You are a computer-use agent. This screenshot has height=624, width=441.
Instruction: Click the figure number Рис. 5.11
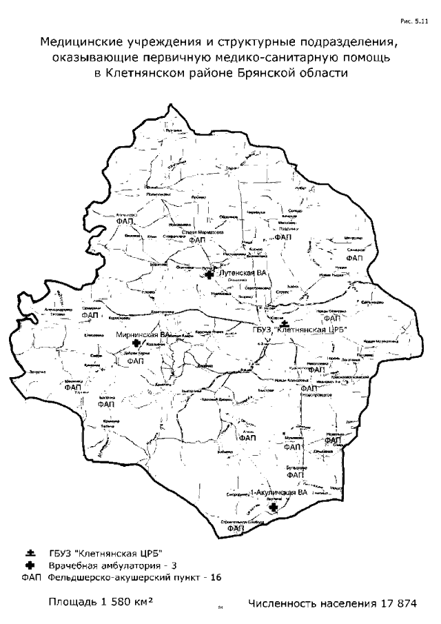click(413, 23)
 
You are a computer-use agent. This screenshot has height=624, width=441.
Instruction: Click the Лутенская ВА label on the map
click(241, 274)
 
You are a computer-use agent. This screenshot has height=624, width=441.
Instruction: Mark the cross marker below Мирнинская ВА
click(136, 343)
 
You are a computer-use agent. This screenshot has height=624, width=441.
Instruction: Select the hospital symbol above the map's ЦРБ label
click(285, 323)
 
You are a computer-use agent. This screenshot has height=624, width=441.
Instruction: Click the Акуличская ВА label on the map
click(283, 494)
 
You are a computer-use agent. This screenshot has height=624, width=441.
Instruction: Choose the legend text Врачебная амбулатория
click(105, 565)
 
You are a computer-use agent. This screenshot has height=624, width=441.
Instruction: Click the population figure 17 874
click(398, 604)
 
